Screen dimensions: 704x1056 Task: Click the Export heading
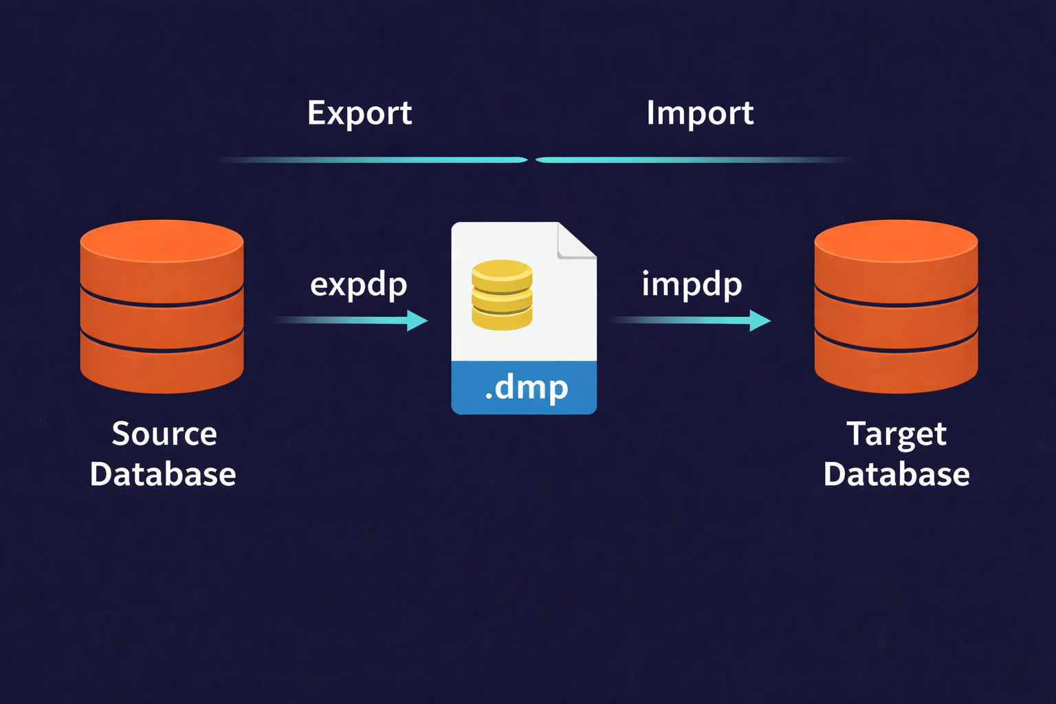[x=359, y=113]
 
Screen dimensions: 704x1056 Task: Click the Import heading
[x=699, y=113]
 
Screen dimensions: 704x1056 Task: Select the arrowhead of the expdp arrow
[x=417, y=320]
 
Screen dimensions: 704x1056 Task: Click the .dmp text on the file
[x=527, y=388]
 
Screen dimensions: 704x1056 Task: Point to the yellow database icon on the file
[x=502, y=295]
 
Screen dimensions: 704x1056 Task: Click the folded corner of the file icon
[x=575, y=241]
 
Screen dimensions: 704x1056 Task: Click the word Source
[x=164, y=434]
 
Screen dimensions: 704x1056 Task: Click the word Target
[x=896, y=434]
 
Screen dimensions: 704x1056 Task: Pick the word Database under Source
[x=163, y=474]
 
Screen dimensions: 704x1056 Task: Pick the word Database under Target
[x=896, y=474]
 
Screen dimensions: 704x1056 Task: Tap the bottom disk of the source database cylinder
[x=162, y=368]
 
